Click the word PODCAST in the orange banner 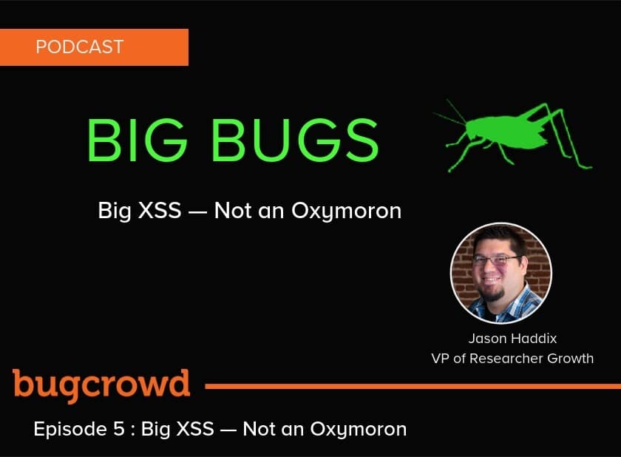[80, 47]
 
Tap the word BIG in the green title [137, 140]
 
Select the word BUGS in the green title [296, 140]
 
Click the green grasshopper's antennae [451, 113]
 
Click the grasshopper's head [473, 129]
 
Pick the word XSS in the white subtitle [160, 210]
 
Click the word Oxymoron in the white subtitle [347, 211]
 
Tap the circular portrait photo [501, 274]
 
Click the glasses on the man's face [496, 260]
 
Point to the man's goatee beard [495, 294]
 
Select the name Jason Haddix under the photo [512, 339]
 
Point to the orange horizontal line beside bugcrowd [413, 386]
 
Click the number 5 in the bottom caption [119, 430]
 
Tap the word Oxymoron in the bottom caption [359, 430]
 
